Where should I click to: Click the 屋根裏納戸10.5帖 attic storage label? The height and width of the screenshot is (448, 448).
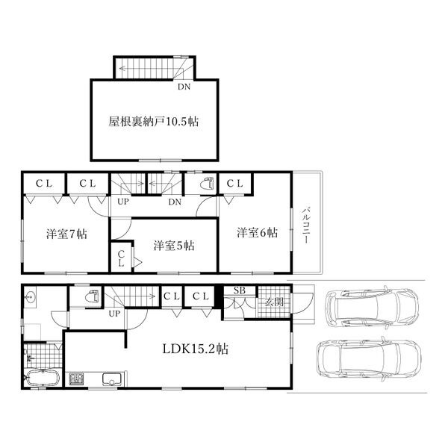[x=153, y=122]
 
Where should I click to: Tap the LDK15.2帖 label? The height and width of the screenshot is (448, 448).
[x=196, y=349]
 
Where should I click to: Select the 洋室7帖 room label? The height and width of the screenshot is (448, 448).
[x=66, y=234]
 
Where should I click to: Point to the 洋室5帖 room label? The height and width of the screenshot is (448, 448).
[x=174, y=246]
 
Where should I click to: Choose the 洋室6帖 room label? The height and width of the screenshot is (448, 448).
[x=257, y=232]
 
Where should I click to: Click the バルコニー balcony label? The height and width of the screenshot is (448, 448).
[x=305, y=225]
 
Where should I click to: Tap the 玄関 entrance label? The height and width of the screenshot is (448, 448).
[x=274, y=302]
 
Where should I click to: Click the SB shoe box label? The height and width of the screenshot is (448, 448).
[x=240, y=290]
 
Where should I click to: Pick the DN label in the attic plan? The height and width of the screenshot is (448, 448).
[x=184, y=87]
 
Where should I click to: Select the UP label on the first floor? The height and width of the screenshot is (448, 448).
[x=114, y=314]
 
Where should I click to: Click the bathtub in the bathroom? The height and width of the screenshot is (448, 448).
[x=42, y=378]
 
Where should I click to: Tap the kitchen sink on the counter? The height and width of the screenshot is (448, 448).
[x=111, y=379]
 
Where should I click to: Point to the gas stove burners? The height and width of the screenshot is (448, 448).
[x=76, y=379]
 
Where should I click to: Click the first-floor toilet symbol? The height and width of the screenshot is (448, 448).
[x=93, y=296]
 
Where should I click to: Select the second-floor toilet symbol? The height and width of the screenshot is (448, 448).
[x=207, y=184]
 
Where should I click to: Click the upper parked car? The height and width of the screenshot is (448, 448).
[x=372, y=308]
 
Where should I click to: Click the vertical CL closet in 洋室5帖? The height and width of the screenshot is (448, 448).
[x=121, y=258]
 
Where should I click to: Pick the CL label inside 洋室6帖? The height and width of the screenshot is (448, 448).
[x=235, y=183]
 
